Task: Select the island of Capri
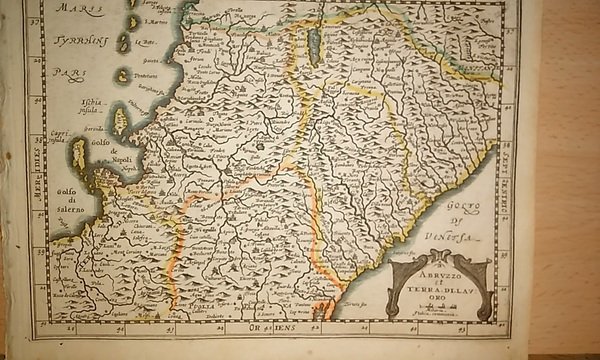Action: click(78, 153)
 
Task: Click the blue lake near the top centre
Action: click(314, 45)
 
